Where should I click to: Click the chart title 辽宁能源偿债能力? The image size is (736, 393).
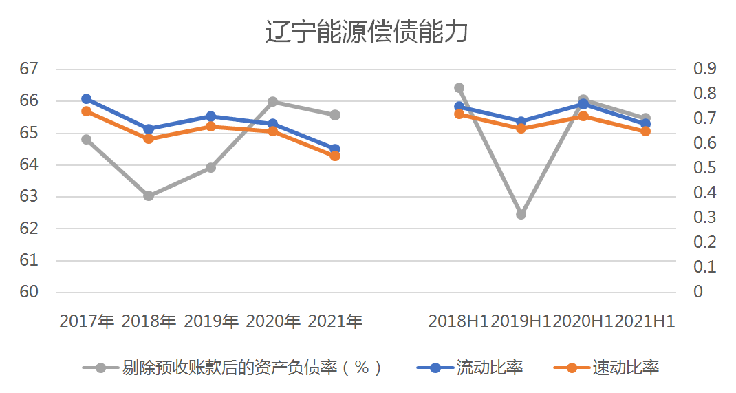(x=367, y=32)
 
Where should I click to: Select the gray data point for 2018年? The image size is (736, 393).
(x=149, y=195)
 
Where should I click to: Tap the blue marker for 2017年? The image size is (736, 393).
(x=87, y=99)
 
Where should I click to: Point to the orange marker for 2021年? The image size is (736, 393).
(x=335, y=156)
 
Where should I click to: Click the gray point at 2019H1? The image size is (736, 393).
(x=521, y=214)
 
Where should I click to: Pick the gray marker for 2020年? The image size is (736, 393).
(x=272, y=102)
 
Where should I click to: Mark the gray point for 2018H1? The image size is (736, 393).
(x=459, y=88)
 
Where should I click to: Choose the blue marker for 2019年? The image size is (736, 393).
(x=210, y=116)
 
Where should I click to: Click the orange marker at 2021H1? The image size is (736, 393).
(x=645, y=131)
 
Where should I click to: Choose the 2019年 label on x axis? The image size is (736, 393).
(x=211, y=321)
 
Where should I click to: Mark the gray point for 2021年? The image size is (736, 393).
(x=335, y=115)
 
